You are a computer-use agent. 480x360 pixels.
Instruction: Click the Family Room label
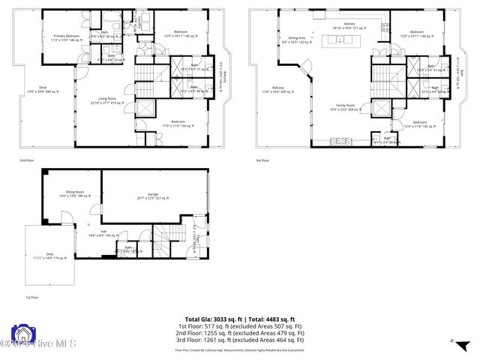click(346, 108)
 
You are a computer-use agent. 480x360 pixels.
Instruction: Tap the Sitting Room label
click(75, 193)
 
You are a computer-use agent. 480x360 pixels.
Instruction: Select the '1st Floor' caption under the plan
click(32, 297)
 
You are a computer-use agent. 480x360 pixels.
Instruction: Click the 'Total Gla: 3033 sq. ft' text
click(211, 319)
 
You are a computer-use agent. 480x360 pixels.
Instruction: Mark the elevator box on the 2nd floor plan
click(142, 106)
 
